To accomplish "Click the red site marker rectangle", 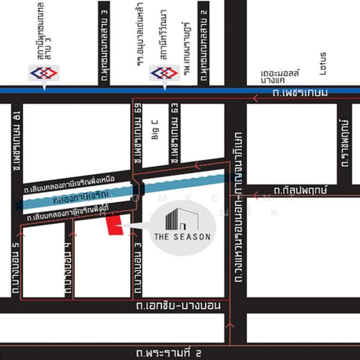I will click(113, 227).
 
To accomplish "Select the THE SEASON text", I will click(182, 236).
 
